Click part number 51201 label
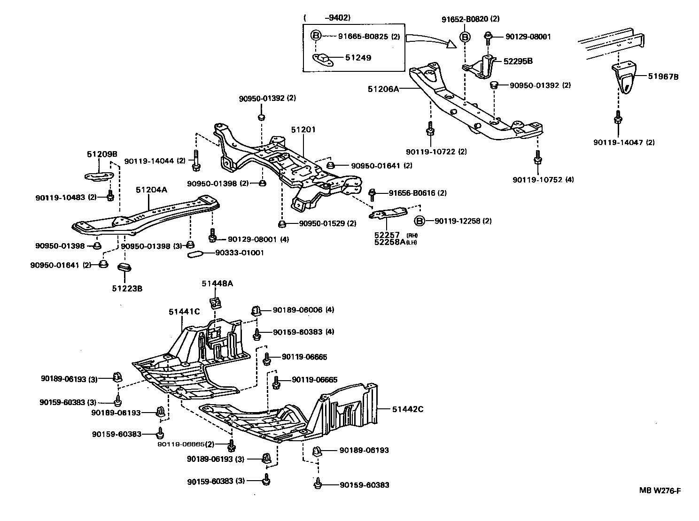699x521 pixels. (x=303, y=130)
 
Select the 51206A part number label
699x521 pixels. (x=383, y=88)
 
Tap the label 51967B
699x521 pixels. (x=663, y=77)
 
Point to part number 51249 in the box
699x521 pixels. (x=358, y=58)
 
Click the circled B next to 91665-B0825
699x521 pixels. (x=316, y=36)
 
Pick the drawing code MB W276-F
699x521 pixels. (x=660, y=490)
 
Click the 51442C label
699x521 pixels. (x=408, y=409)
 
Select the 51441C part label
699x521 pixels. (x=185, y=311)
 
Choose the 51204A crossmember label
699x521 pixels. (x=151, y=189)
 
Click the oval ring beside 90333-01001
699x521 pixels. (x=195, y=253)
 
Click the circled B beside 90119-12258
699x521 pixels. (x=419, y=221)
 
